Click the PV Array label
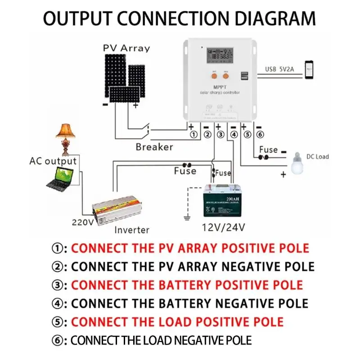pos(126,48)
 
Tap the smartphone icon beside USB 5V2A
pos(310,70)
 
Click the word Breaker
pos(154,147)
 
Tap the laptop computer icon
pos(60,179)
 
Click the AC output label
pos(53,161)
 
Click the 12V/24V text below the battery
pos(224,227)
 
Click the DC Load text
pos(318,157)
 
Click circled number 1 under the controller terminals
pos(194,135)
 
